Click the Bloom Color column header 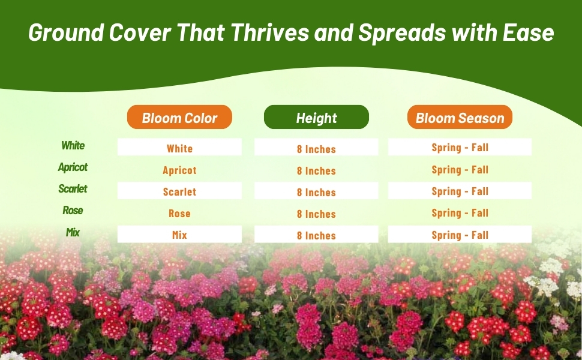click(x=179, y=117)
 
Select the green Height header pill click(x=316, y=117)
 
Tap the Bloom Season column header click(x=460, y=117)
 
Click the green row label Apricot click(x=73, y=167)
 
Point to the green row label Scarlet click(x=73, y=188)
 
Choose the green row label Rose click(x=73, y=211)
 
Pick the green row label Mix click(x=73, y=232)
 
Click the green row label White click(x=73, y=145)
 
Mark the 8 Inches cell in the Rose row click(x=316, y=214)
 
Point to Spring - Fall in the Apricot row click(x=460, y=170)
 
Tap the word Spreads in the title click(x=402, y=33)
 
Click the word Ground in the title click(x=66, y=32)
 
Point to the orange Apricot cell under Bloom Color click(x=179, y=170)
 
